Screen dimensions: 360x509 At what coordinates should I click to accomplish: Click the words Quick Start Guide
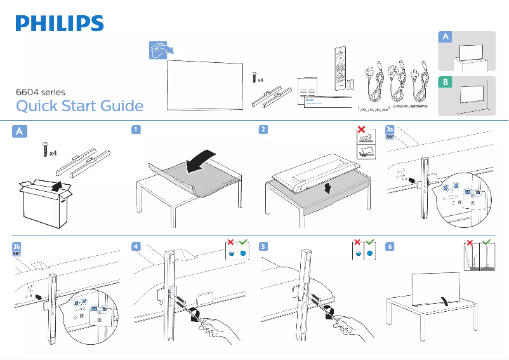pos(79,105)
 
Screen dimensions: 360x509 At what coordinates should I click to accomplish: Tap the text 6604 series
pos(40,92)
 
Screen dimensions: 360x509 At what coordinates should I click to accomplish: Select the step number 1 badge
pos(136,130)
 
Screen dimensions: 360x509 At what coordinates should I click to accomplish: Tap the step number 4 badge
pos(136,246)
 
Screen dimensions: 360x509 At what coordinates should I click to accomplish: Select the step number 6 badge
pos(390,246)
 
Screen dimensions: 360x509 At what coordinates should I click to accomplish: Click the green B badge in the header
pos(446,83)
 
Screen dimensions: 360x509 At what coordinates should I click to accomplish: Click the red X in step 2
pos(362,130)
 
